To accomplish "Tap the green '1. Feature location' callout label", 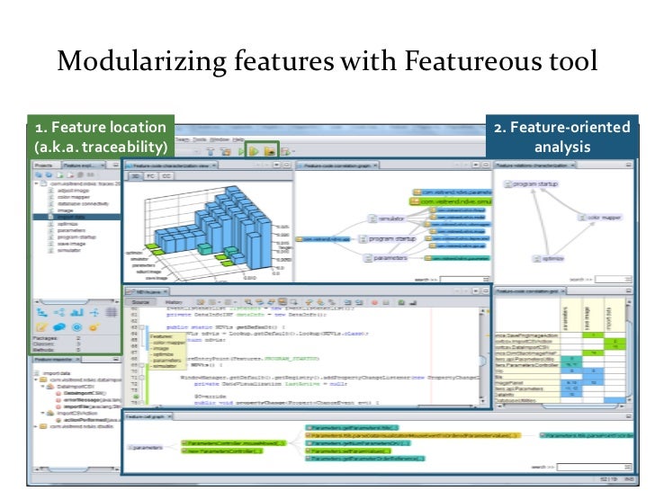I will [100, 137].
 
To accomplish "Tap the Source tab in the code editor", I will [139, 303].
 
